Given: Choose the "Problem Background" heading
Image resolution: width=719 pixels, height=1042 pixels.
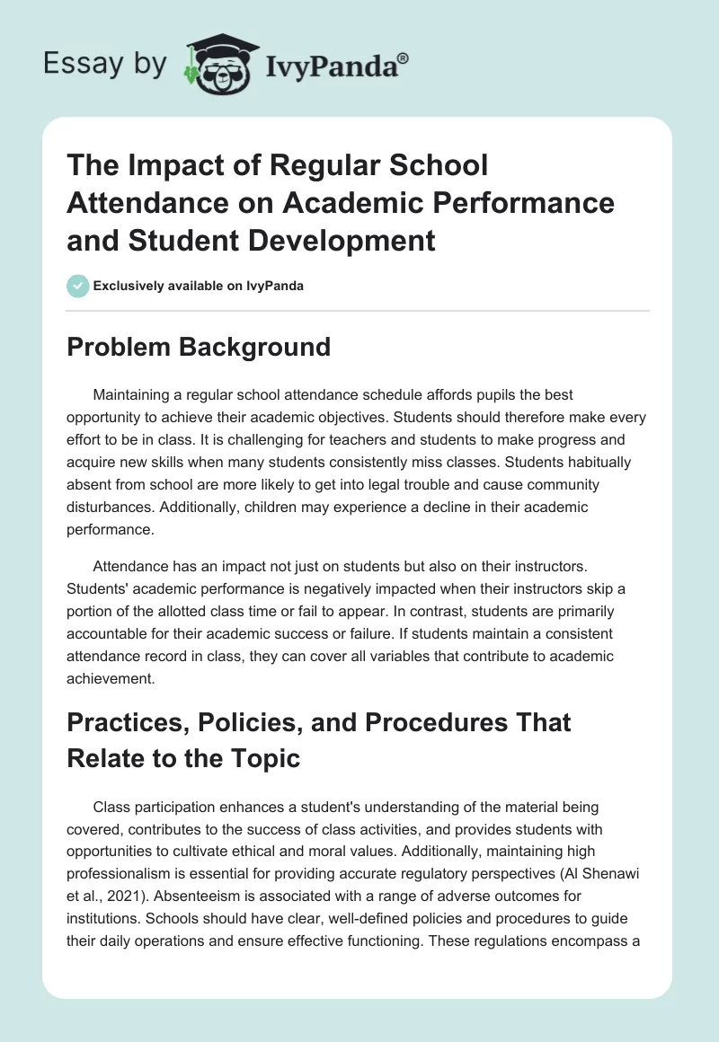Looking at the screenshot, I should tap(199, 347).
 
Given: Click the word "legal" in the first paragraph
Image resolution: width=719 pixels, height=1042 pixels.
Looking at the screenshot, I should tap(387, 484).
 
